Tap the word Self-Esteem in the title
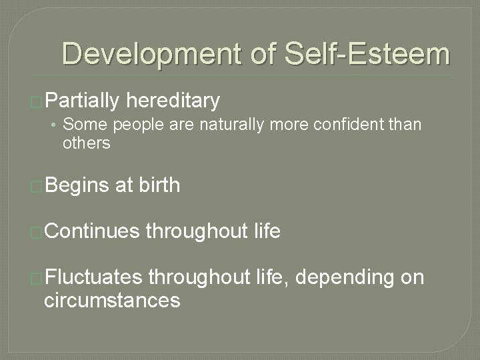coord(367,54)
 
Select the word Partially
coord(82,101)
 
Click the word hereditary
coord(173,101)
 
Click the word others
coord(87,143)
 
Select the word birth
coord(160,185)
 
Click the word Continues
coord(92,231)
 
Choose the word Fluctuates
coord(93,277)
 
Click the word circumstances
coord(112,300)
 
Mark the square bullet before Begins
coord(37,186)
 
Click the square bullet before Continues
coord(37,233)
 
